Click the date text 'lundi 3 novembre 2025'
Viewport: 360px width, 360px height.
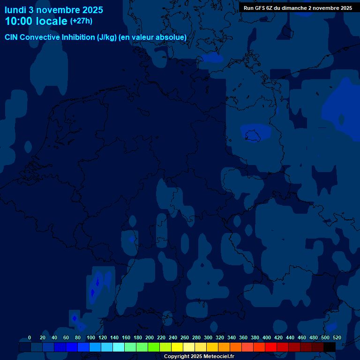[x=54, y=10]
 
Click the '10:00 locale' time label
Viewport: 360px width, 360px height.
[x=36, y=21]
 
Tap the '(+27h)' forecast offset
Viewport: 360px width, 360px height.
[x=81, y=21]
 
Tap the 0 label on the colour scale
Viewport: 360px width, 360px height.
[x=30, y=337]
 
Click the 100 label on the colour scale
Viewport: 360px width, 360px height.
[x=91, y=337]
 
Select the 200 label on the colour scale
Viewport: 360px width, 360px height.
[x=150, y=337]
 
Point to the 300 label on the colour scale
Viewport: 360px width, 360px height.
[x=208, y=337]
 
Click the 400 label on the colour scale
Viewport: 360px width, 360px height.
[x=267, y=337]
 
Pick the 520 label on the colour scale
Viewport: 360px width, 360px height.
[x=337, y=337]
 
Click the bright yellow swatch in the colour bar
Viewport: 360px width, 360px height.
[x=177, y=347]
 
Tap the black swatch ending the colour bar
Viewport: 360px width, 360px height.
[x=330, y=347]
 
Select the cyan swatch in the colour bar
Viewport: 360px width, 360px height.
[x=119, y=347]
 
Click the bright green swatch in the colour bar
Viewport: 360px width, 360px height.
[x=154, y=347]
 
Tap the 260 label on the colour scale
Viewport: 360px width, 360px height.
[x=185, y=337]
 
